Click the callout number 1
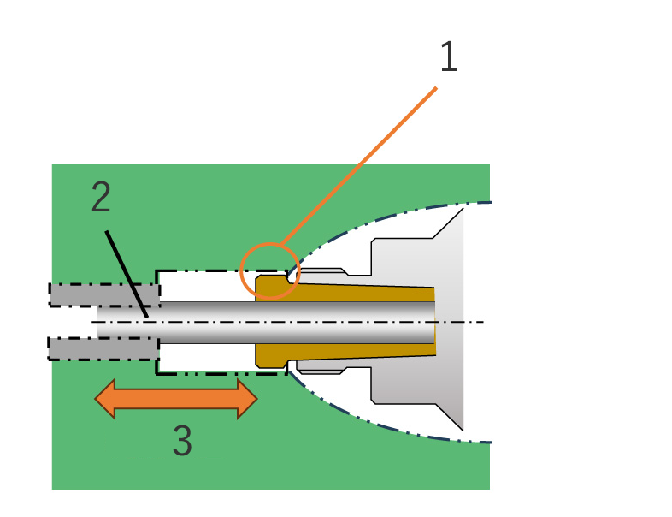449,56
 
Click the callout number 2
101,197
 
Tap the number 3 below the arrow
182,440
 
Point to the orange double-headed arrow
176,399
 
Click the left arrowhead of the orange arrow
105,399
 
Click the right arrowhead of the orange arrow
247,399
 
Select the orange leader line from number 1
358,166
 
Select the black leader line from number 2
127,274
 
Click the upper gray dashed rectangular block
104,294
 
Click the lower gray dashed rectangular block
103,348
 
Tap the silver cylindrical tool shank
266,322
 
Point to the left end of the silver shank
97,322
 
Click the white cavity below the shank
207,357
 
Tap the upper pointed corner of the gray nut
463,209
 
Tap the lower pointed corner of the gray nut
463,431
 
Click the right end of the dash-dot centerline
484,322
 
